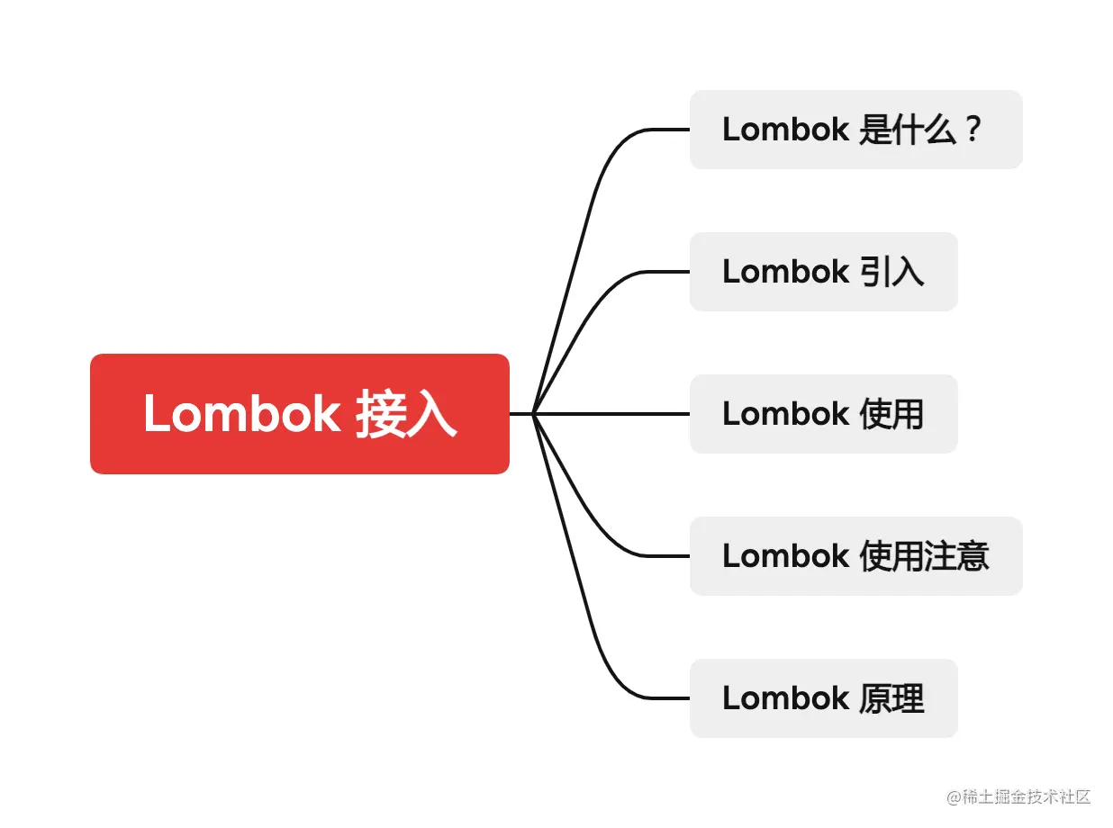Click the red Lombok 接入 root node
click(x=299, y=414)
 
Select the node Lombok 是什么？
click(x=855, y=130)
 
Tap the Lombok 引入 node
click(x=823, y=272)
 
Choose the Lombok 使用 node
click(x=823, y=414)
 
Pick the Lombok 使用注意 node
click(x=855, y=556)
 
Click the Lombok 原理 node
click(x=823, y=698)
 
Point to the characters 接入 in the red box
click(x=406, y=414)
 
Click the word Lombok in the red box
click(x=241, y=414)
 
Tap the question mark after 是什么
click(x=971, y=130)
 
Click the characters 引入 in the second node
click(x=891, y=272)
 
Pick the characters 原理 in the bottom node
click(x=891, y=698)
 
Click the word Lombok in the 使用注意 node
click(x=785, y=556)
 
